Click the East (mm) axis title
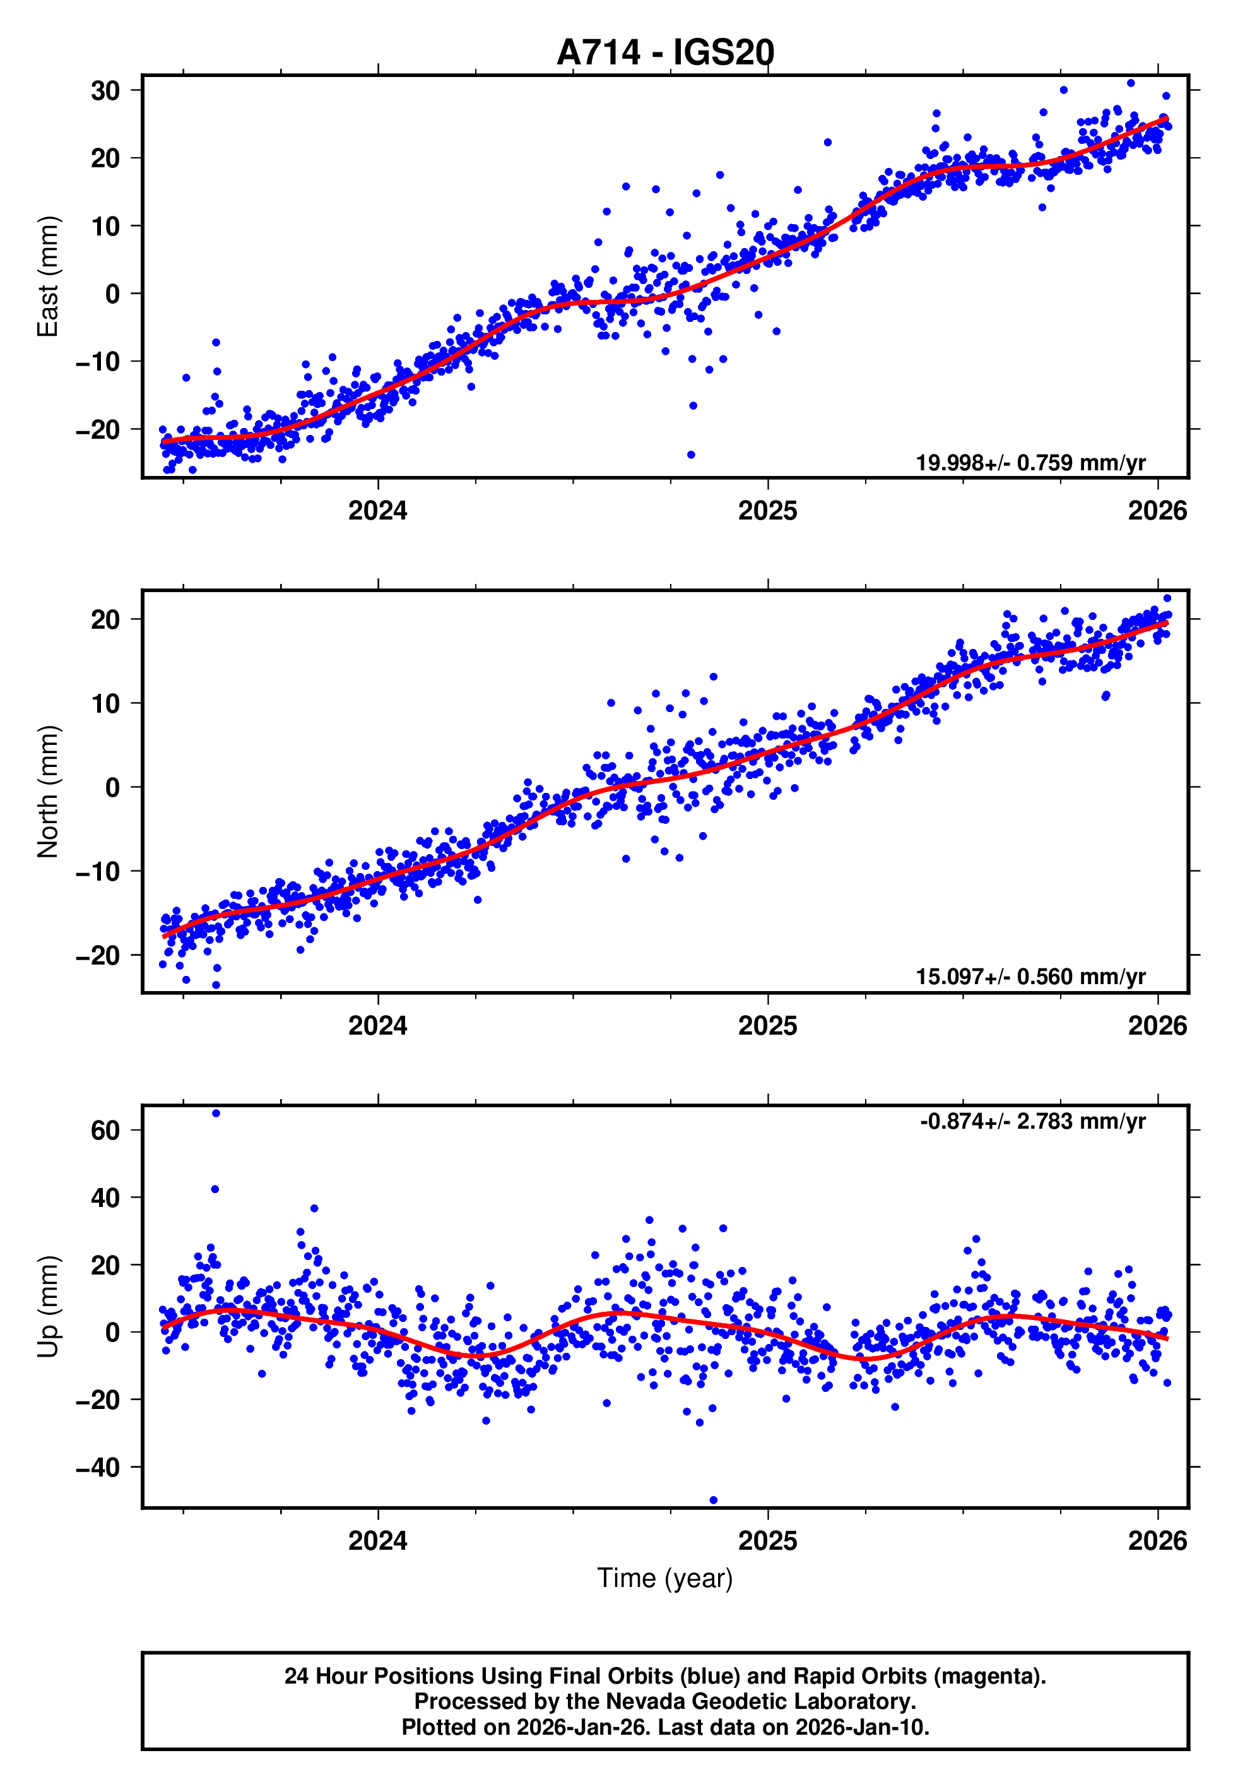tap(48, 276)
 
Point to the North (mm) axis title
tap(48, 792)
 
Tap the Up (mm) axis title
tap(48, 1307)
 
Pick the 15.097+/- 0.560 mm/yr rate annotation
tap(1030, 977)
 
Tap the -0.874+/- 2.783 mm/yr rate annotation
tap(1032, 1121)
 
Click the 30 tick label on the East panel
tap(105, 91)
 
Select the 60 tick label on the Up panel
tap(105, 1131)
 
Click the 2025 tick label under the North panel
tap(767, 1026)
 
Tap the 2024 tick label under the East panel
tap(378, 511)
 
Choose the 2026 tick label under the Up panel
tap(1157, 1541)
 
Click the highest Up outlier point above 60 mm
tap(216, 1114)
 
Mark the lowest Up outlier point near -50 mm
tap(714, 1501)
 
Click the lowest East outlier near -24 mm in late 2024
tap(691, 455)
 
